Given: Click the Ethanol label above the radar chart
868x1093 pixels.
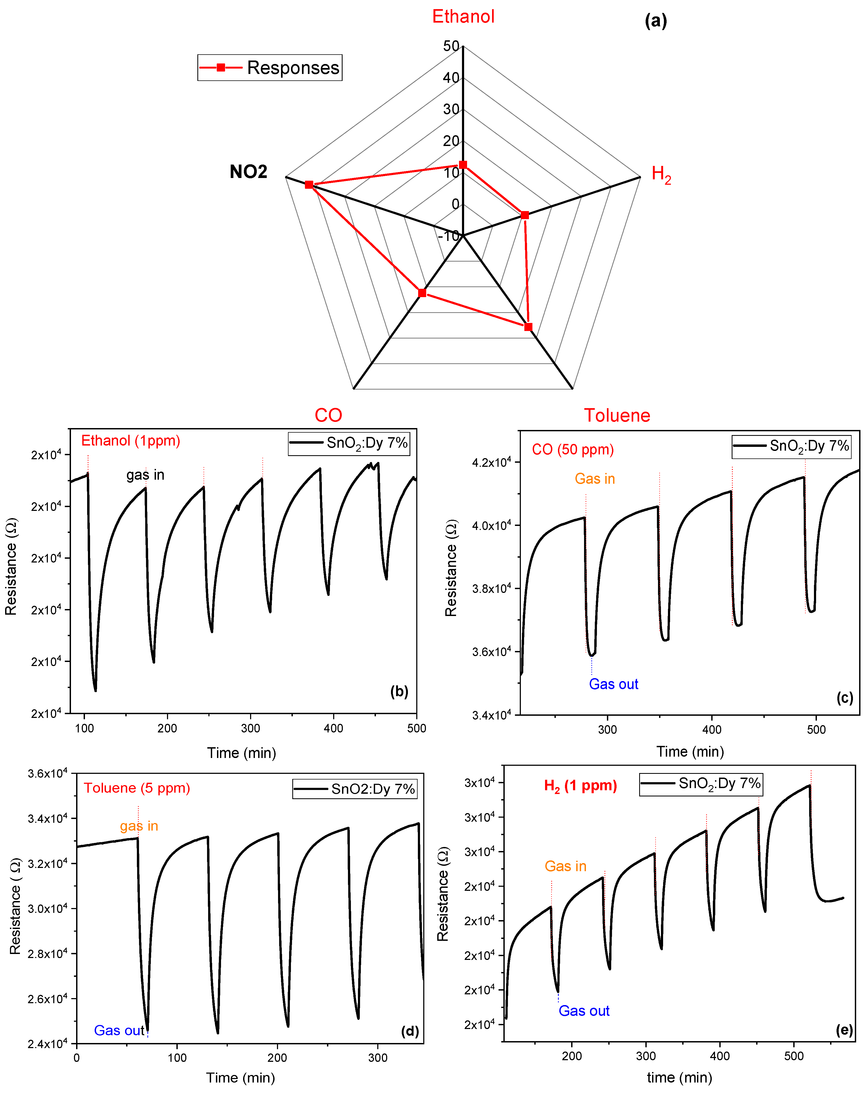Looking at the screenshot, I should pyautogui.click(x=463, y=17).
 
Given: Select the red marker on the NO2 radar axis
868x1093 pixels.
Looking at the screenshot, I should pyautogui.click(x=309, y=184).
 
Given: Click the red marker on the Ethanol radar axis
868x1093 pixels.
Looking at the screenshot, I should pyautogui.click(x=463, y=165).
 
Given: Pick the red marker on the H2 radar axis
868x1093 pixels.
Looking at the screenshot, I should pyautogui.click(x=525, y=215).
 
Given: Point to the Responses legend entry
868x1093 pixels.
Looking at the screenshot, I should pyautogui.click(x=270, y=67).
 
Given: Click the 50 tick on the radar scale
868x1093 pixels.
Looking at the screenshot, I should pyautogui.click(x=451, y=46).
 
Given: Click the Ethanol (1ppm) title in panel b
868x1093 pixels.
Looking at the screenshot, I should pyautogui.click(x=130, y=440).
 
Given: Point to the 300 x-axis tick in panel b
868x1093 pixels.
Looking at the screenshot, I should pyautogui.click(x=250, y=728).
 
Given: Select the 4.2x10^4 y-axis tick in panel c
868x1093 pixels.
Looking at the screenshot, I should pyautogui.click(x=491, y=462).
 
